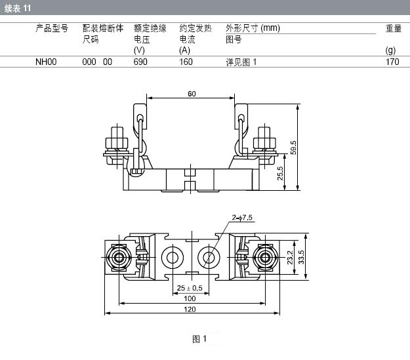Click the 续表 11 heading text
click(x=18, y=9)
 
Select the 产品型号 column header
click(x=52, y=28)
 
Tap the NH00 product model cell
click(x=46, y=62)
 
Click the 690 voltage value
click(x=140, y=62)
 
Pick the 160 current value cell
click(x=186, y=62)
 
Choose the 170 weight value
click(x=392, y=62)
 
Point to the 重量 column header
click(x=394, y=28)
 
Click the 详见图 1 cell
click(x=241, y=62)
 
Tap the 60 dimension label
click(x=192, y=94)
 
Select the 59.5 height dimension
click(x=293, y=148)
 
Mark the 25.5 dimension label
click(x=280, y=173)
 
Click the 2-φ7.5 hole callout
click(x=242, y=218)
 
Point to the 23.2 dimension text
click(x=290, y=258)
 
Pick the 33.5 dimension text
click(x=301, y=257)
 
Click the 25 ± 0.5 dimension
click(x=190, y=288)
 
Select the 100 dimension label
click(x=190, y=298)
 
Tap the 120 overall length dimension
click(x=190, y=310)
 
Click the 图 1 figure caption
click(x=199, y=339)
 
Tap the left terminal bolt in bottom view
click(x=119, y=258)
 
